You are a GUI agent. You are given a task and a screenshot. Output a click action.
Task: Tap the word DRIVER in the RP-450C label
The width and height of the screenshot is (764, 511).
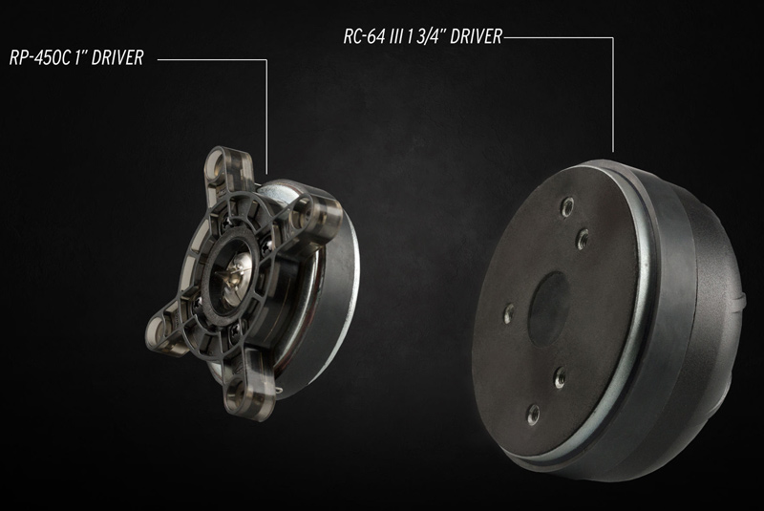[x=117, y=57]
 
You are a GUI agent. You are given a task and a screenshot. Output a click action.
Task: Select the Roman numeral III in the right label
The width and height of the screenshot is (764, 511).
[x=396, y=36]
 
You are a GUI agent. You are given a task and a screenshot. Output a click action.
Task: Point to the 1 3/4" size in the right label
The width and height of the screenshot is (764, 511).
[x=426, y=36]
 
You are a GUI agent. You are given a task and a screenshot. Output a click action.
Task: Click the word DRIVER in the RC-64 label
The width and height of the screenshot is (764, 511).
[x=476, y=36]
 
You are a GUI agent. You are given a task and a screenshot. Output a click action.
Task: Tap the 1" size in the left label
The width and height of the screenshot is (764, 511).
[x=81, y=57]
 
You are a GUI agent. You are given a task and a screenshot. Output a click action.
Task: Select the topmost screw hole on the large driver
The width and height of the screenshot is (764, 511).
[x=566, y=206]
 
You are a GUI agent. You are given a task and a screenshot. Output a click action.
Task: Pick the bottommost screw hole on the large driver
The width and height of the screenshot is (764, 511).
[x=534, y=415]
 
